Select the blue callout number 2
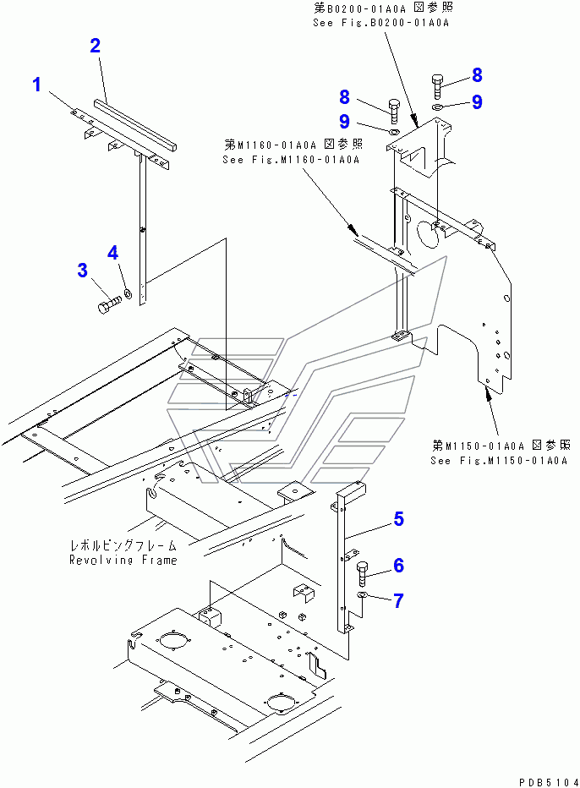click(x=96, y=46)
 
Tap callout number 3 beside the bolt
click(x=82, y=271)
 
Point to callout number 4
click(x=112, y=252)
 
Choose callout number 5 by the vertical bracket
click(x=397, y=519)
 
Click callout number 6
click(x=397, y=564)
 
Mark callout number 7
click(x=397, y=601)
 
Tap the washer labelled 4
click(x=127, y=293)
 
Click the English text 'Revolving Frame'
click(x=123, y=561)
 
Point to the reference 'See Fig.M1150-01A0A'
click(x=497, y=461)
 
